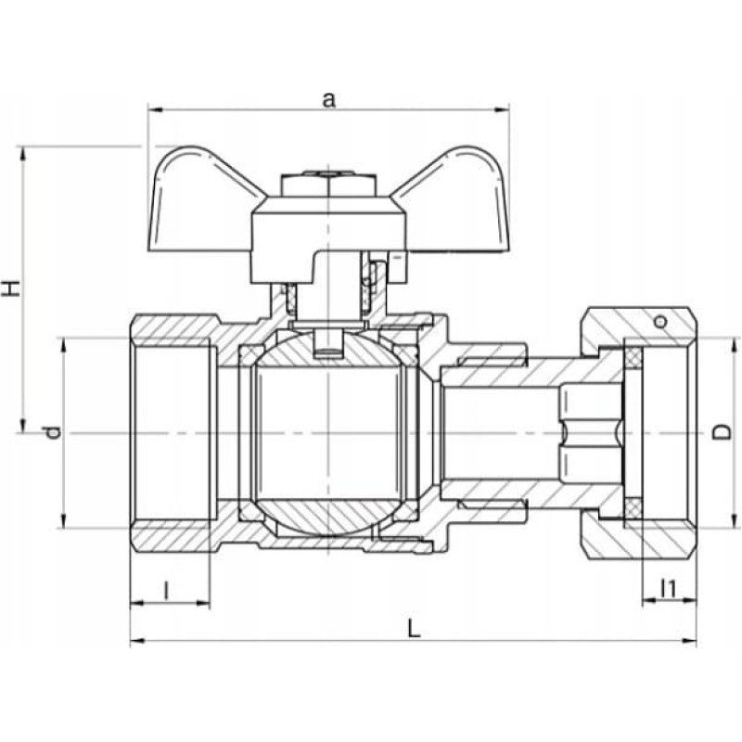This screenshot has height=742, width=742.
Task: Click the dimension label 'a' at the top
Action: point(328,100)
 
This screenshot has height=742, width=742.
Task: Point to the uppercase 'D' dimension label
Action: point(723,432)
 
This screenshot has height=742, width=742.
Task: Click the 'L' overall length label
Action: point(414,629)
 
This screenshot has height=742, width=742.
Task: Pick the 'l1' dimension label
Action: point(668,589)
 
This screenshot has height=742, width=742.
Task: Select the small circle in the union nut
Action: point(659,322)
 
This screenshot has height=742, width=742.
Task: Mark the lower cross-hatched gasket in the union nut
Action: point(633,508)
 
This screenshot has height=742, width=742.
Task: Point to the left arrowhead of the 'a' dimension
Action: point(155,109)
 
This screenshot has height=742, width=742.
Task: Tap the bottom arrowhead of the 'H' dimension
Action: point(22,425)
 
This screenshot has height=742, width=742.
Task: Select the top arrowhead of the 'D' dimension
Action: point(735,345)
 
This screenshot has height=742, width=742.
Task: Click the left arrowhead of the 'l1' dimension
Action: point(649,601)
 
